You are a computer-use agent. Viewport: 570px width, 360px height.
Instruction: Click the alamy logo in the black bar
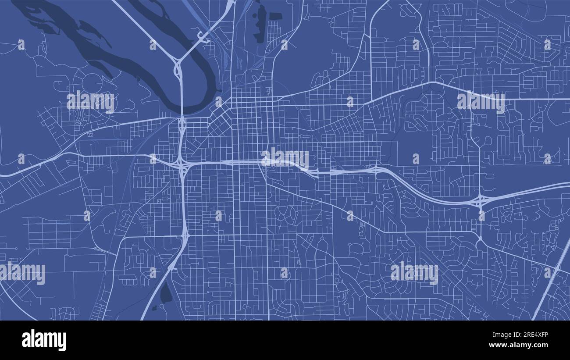[x=44, y=340]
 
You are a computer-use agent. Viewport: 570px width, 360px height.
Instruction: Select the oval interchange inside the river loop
[x=179, y=70]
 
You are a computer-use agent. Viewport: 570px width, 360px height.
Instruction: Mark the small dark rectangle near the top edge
[x=275, y=17]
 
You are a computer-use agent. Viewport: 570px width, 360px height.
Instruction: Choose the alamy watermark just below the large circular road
[x=90, y=102]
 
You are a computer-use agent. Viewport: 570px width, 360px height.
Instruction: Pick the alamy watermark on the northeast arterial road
[x=481, y=102]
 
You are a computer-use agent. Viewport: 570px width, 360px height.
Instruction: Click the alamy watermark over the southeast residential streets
[x=414, y=273]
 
